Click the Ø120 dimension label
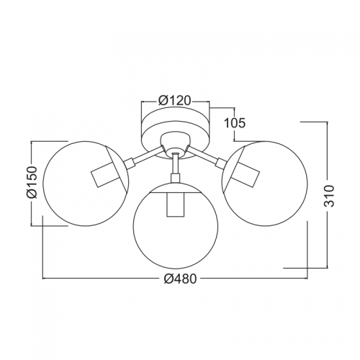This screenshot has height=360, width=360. tap(174, 101)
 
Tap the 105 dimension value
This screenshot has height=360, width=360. tap(235, 123)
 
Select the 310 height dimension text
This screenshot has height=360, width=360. tap(329, 196)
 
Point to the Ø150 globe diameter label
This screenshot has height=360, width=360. tap(32, 182)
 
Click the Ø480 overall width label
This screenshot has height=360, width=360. tap(180, 279)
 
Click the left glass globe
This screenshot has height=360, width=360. tap(43, 184)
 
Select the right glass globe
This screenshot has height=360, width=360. tap(307, 184)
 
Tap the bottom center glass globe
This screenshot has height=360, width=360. tap(133, 226)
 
